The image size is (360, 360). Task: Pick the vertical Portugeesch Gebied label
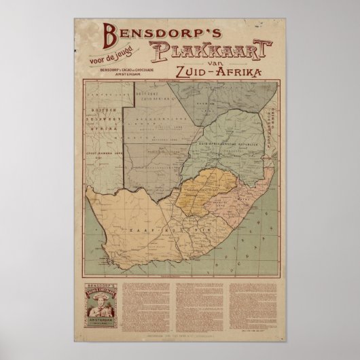point(273,112)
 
